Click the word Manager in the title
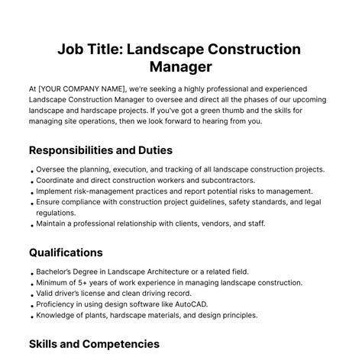point(181,69)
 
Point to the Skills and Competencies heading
point(94,344)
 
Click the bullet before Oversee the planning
point(31,171)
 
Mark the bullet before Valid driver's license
point(31,294)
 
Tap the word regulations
point(58,214)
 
